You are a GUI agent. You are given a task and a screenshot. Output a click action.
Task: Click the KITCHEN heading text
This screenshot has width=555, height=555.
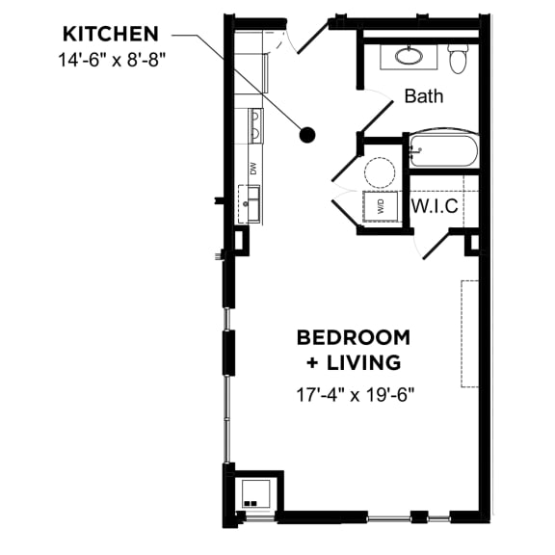(111, 35)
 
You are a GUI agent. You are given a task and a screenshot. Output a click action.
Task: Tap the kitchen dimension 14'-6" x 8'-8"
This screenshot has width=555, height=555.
(112, 60)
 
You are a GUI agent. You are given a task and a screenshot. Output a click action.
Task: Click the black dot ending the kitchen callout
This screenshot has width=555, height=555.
(306, 135)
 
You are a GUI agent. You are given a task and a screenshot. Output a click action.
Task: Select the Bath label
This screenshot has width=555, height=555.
(424, 96)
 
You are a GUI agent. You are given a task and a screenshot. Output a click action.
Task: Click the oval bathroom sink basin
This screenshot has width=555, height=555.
(410, 56)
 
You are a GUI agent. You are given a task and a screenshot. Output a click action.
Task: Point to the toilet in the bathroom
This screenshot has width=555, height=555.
(458, 58)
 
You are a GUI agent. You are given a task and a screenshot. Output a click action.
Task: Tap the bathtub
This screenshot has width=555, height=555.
(444, 150)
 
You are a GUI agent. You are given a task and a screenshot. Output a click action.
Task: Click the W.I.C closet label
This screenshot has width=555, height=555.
(435, 205)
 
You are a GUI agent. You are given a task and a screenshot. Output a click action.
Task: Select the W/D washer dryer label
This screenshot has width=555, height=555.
(381, 206)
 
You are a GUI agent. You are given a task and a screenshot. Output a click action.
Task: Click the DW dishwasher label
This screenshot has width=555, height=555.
(253, 168)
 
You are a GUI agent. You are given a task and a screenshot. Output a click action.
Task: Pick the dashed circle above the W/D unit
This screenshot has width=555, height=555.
(380, 172)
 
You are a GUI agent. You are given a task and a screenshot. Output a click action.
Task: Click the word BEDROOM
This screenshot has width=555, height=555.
(354, 337)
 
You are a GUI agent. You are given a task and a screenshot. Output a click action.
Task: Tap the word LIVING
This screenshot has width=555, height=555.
(363, 363)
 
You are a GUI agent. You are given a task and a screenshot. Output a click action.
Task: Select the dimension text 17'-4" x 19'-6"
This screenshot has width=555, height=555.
(355, 395)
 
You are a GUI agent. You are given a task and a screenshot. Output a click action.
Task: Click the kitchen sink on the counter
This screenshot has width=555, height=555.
(250, 204)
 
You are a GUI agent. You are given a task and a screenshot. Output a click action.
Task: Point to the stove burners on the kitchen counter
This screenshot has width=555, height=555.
(256, 125)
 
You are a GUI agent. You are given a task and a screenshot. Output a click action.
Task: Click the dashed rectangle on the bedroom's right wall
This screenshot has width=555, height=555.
(469, 333)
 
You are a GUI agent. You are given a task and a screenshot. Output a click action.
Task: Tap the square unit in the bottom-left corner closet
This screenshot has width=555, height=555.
(256, 494)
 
